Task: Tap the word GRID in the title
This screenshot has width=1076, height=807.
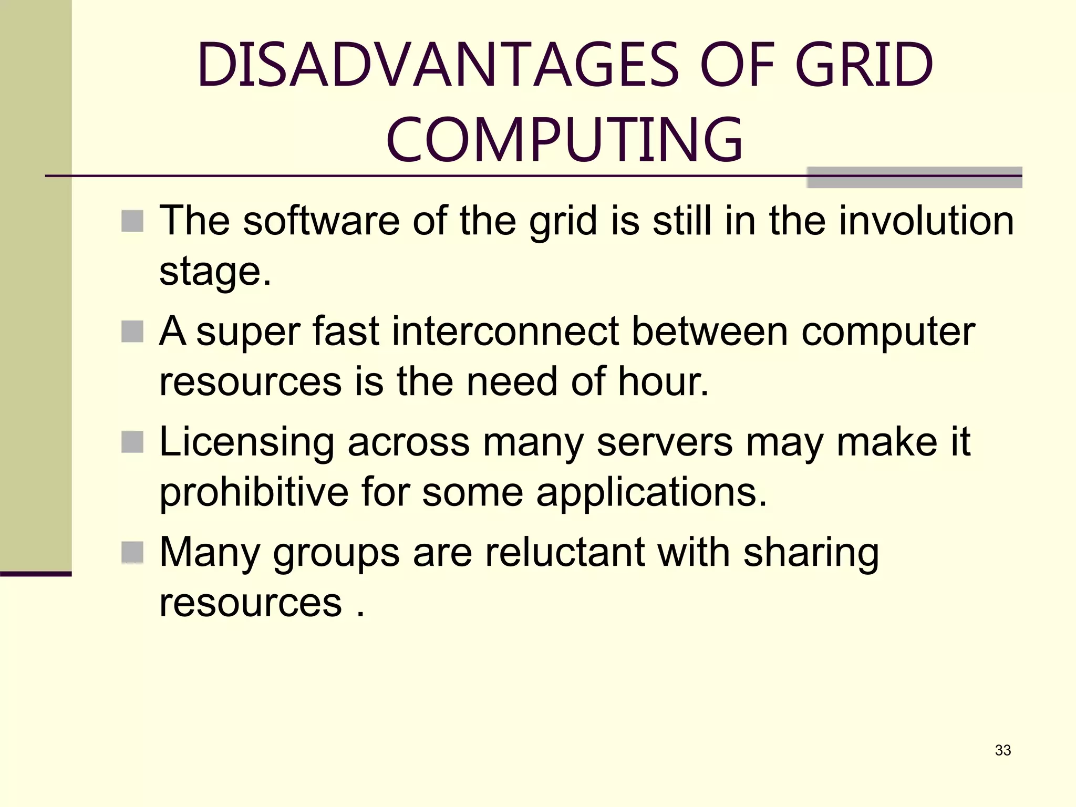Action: point(864,65)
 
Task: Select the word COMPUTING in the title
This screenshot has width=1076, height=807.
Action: point(565,140)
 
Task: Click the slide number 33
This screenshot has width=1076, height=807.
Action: point(1002,750)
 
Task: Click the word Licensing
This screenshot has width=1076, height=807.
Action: point(246,443)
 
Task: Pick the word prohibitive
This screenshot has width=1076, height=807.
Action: point(254,492)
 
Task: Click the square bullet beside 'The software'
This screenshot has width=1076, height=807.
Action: point(132,221)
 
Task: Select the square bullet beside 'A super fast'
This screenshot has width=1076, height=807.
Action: point(132,332)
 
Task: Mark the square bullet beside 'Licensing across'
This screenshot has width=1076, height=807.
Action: point(132,442)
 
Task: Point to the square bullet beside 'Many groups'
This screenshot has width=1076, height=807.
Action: point(132,552)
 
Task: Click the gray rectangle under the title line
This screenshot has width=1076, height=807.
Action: point(914,178)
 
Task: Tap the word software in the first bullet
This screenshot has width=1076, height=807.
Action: point(321,221)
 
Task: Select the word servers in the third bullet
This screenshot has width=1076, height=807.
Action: point(664,443)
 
